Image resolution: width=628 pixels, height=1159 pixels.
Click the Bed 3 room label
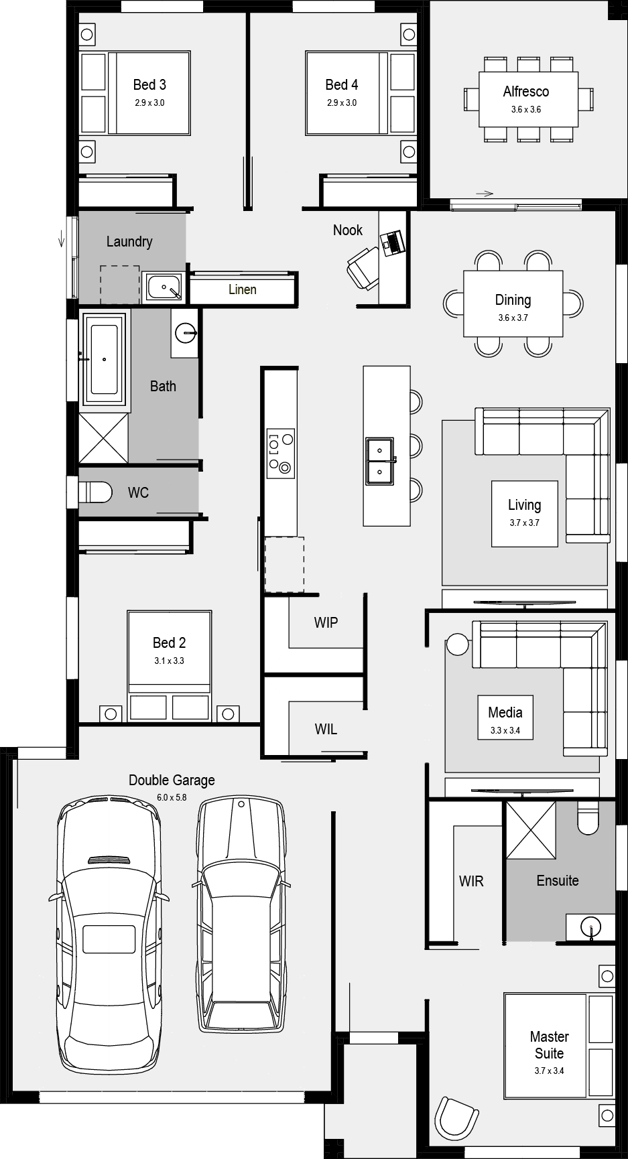point(149,84)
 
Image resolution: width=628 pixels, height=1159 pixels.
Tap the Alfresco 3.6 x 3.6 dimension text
point(526,109)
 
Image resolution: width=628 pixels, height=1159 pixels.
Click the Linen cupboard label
point(243,289)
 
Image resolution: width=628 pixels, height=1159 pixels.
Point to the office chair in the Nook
point(363,267)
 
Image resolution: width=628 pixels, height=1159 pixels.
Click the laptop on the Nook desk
point(391,242)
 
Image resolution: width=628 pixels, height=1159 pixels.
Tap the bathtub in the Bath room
point(104,360)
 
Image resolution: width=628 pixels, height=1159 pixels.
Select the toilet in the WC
point(95,492)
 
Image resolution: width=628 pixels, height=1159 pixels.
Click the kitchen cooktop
point(280,454)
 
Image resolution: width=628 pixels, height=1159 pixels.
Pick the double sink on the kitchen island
point(379,460)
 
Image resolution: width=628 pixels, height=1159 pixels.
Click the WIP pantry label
point(326,622)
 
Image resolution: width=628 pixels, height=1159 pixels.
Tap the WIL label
point(326,729)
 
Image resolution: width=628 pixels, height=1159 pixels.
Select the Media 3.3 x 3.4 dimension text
point(505,730)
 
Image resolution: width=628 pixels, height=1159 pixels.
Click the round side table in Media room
point(458,644)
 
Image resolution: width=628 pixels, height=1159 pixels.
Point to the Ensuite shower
point(531,829)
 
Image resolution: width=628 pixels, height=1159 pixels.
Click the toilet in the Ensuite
point(588,817)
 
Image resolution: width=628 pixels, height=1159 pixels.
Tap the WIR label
point(471,881)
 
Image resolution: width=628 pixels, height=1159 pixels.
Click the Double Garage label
point(172,780)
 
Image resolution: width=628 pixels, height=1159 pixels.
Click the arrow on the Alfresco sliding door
point(485,194)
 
